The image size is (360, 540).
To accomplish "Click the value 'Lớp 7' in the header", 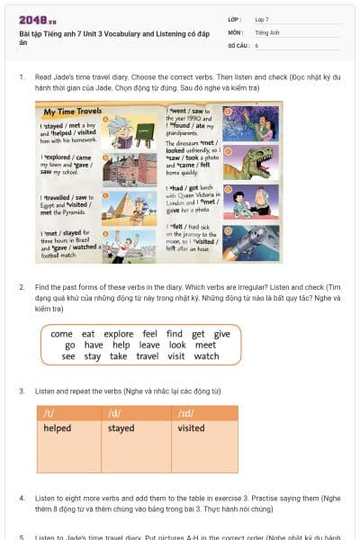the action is [x=262, y=19].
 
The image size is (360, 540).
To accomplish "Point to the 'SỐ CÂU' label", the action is [x=237, y=44].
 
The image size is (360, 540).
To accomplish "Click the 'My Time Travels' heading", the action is [x=72, y=112].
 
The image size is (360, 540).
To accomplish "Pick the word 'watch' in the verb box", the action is [x=207, y=356].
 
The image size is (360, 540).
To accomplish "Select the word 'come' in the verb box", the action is [x=62, y=334].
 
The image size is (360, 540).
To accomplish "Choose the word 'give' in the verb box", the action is [x=221, y=334].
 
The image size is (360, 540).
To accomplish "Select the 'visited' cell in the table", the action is [x=191, y=428].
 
